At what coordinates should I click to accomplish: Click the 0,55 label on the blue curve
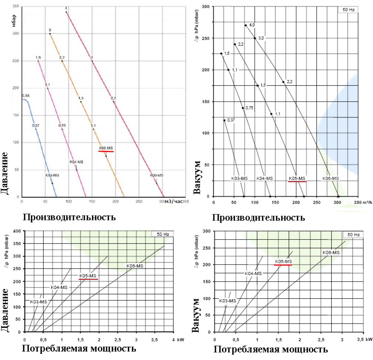pos(25,95)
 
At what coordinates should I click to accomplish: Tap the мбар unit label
pos(14,21)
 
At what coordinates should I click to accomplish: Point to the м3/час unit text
pos(173,201)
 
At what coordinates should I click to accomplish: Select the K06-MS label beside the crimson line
pos(156,175)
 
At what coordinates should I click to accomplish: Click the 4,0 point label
pos(252,25)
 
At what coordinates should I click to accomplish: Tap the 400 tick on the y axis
pos(16,231)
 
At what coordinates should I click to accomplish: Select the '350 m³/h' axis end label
pos(362,202)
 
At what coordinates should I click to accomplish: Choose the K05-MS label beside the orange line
pos(106,148)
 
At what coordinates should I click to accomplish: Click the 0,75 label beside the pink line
pos(62,126)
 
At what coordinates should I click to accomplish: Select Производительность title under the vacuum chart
pos(258,218)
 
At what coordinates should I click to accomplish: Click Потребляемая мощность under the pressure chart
pos(79,348)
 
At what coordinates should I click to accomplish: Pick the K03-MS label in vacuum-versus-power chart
pos(227,301)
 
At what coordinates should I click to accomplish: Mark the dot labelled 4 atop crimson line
pos(66,12)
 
